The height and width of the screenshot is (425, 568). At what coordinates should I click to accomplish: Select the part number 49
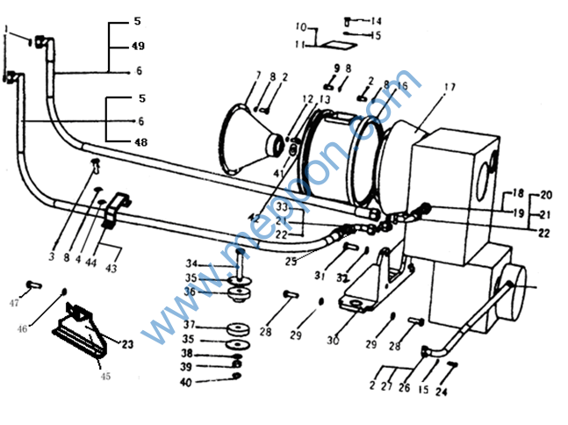[139, 46]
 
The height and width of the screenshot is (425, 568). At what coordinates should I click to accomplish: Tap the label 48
[141, 142]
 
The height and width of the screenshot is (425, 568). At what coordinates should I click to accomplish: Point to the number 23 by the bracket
[127, 345]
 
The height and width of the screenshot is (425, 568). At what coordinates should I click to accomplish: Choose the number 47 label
[13, 303]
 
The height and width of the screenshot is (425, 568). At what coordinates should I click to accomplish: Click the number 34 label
[191, 263]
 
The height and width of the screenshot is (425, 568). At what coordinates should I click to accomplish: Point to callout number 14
[376, 20]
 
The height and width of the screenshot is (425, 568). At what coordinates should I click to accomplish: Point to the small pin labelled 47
[32, 285]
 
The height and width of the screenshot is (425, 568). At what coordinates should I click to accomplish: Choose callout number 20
[546, 194]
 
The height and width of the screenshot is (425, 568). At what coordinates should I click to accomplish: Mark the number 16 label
[403, 86]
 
